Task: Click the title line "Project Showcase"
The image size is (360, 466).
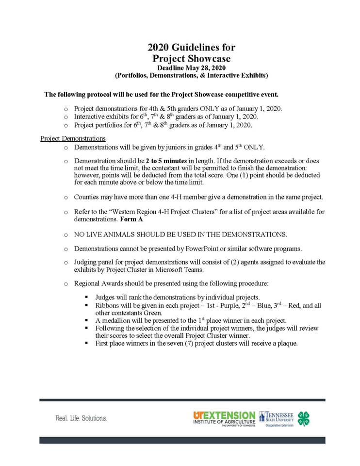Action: pos(191,59)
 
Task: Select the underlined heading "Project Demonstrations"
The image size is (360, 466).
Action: pos(73,138)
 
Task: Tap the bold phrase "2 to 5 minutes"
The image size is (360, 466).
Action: pos(166,161)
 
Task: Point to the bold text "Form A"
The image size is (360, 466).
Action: pos(131,219)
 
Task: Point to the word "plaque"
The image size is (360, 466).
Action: pos(286,343)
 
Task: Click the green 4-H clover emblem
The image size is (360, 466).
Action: pos(304,418)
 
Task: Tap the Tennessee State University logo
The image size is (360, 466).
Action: pos(276,418)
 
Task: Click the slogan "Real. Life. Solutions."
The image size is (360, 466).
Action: pos(81,418)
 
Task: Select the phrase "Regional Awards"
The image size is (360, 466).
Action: pos(97,283)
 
